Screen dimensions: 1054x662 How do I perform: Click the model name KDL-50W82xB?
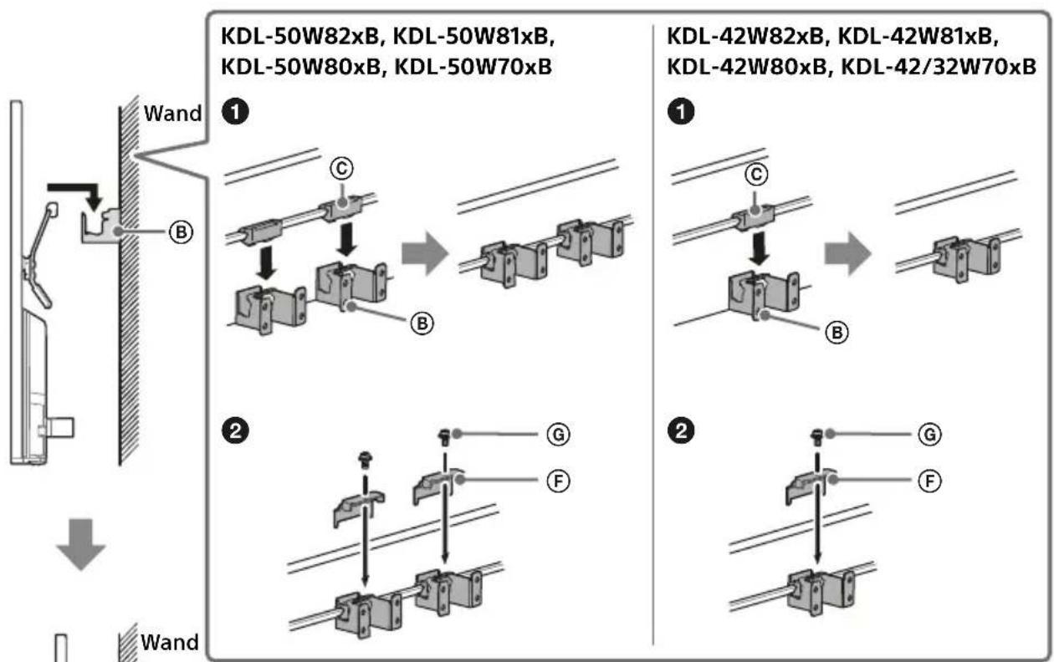tap(299, 37)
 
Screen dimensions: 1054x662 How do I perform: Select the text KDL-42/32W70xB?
tap(938, 67)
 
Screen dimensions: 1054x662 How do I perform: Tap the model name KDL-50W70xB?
tap(473, 67)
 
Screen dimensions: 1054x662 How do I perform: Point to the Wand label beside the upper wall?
tap(172, 114)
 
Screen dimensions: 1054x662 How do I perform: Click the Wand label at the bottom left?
tap(170, 643)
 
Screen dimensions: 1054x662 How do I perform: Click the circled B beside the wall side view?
tap(182, 232)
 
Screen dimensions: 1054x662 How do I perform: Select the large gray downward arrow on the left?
tap(81, 544)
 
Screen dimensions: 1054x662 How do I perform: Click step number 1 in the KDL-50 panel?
tap(235, 112)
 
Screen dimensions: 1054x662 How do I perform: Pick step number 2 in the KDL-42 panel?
tap(681, 430)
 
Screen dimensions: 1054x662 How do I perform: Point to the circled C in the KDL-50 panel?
tap(341, 168)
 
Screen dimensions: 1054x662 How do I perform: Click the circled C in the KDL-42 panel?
tap(756, 175)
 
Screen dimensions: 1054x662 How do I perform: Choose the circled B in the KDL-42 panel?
tap(837, 333)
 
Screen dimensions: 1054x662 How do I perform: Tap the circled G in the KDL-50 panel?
tap(559, 435)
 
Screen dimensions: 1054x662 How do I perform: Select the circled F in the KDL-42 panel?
tap(930, 481)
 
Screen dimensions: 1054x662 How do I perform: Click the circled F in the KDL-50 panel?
tap(559, 481)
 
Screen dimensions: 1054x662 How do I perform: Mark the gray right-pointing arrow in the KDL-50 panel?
tap(425, 253)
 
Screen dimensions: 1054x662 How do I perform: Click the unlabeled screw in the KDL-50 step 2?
tap(365, 460)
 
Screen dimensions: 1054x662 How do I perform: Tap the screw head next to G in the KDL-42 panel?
tap(817, 437)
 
